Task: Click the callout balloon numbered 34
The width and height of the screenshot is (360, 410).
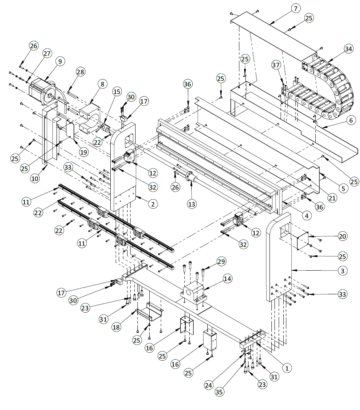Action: coord(348,49)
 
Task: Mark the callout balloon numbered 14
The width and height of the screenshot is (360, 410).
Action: coord(228,279)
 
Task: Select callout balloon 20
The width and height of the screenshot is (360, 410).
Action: coord(342,236)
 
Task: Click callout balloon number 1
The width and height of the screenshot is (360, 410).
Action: coord(287,367)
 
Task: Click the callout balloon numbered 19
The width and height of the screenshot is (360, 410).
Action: coord(83,152)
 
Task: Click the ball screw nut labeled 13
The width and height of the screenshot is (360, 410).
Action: coord(190,178)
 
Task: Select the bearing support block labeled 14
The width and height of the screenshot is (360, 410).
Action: coord(195,293)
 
